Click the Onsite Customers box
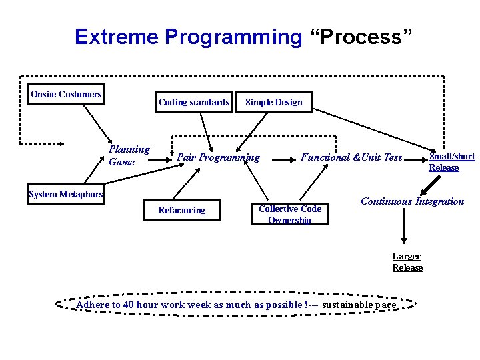click(x=66, y=95)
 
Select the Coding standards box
click(x=194, y=102)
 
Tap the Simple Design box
click(x=274, y=102)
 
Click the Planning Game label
click(x=129, y=156)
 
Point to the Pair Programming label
click(x=218, y=157)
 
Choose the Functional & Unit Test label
click(x=351, y=157)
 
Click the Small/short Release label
click(x=451, y=161)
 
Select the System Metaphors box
click(x=66, y=194)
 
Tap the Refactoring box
click(x=182, y=210)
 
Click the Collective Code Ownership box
click(x=290, y=214)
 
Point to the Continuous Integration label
click(x=412, y=201)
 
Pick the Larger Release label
click(x=407, y=262)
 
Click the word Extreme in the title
click(x=117, y=37)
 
